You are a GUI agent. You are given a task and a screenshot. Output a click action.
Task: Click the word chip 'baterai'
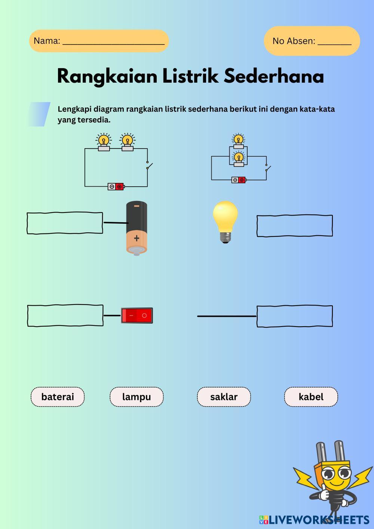click(58, 397)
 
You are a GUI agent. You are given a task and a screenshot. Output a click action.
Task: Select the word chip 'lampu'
click(137, 397)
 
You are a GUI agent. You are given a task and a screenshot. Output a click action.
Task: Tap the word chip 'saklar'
click(224, 397)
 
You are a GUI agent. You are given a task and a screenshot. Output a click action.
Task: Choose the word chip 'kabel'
click(311, 397)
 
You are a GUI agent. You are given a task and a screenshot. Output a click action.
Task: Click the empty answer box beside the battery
click(65, 223)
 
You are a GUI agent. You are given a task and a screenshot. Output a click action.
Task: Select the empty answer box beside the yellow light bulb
click(294, 226)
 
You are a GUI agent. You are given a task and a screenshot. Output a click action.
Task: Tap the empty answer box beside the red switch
click(65, 315)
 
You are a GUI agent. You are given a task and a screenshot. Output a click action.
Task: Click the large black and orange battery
click(137, 228)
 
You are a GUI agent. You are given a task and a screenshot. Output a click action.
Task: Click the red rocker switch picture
click(137, 315)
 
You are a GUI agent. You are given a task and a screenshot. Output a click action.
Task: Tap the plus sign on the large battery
click(137, 238)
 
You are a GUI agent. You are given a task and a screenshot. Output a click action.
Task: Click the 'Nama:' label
click(47, 41)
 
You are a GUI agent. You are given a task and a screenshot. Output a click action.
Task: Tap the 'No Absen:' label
click(294, 41)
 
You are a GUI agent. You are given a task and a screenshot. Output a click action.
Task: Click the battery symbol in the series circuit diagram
click(116, 186)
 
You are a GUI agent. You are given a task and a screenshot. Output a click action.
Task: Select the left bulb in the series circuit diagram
click(104, 142)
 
